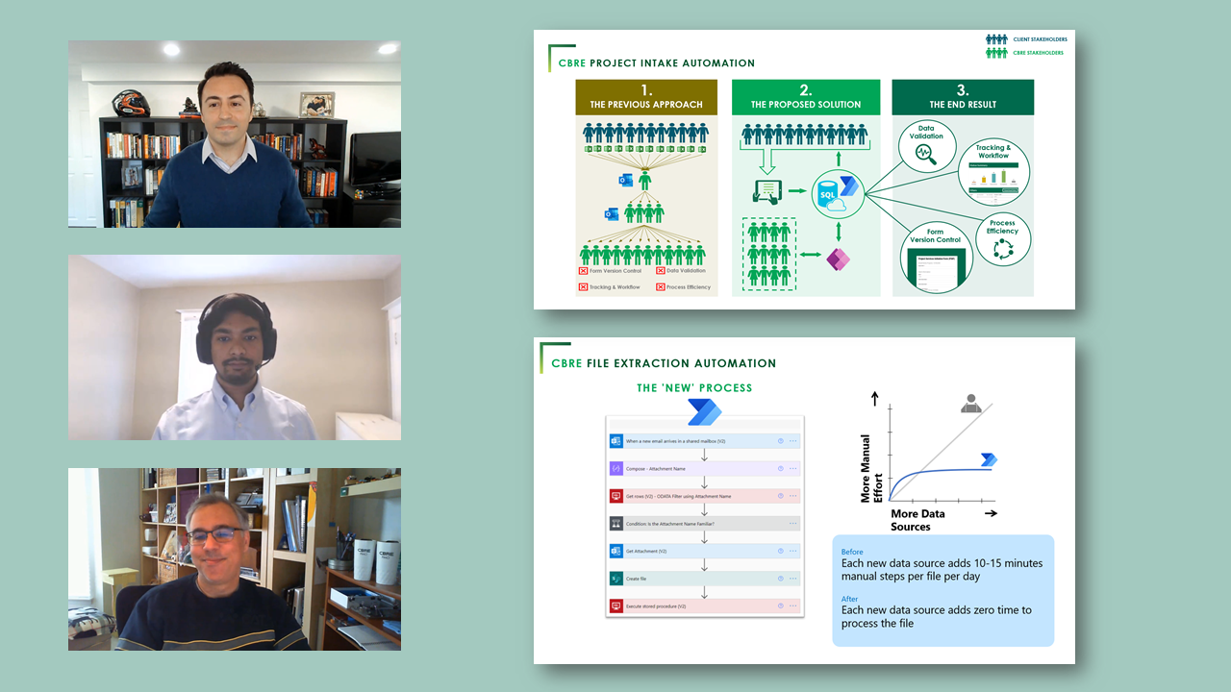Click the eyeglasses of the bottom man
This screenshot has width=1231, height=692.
point(214,534)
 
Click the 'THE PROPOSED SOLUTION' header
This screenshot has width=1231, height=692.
point(805,104)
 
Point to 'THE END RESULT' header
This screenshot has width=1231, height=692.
point(963,104)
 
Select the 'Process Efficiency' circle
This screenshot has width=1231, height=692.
point(1002,238)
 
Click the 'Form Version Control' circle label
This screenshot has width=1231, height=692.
point(935,235)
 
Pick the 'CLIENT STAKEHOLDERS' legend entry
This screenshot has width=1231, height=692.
point(1039,39)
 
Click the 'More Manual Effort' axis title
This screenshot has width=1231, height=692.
point(870,468)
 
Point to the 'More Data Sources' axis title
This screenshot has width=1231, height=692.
point(917,520)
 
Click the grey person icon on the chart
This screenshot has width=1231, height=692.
point(971,405)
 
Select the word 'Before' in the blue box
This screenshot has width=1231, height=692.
point(852,552)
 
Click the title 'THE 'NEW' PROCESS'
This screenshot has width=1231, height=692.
point(694,388)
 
